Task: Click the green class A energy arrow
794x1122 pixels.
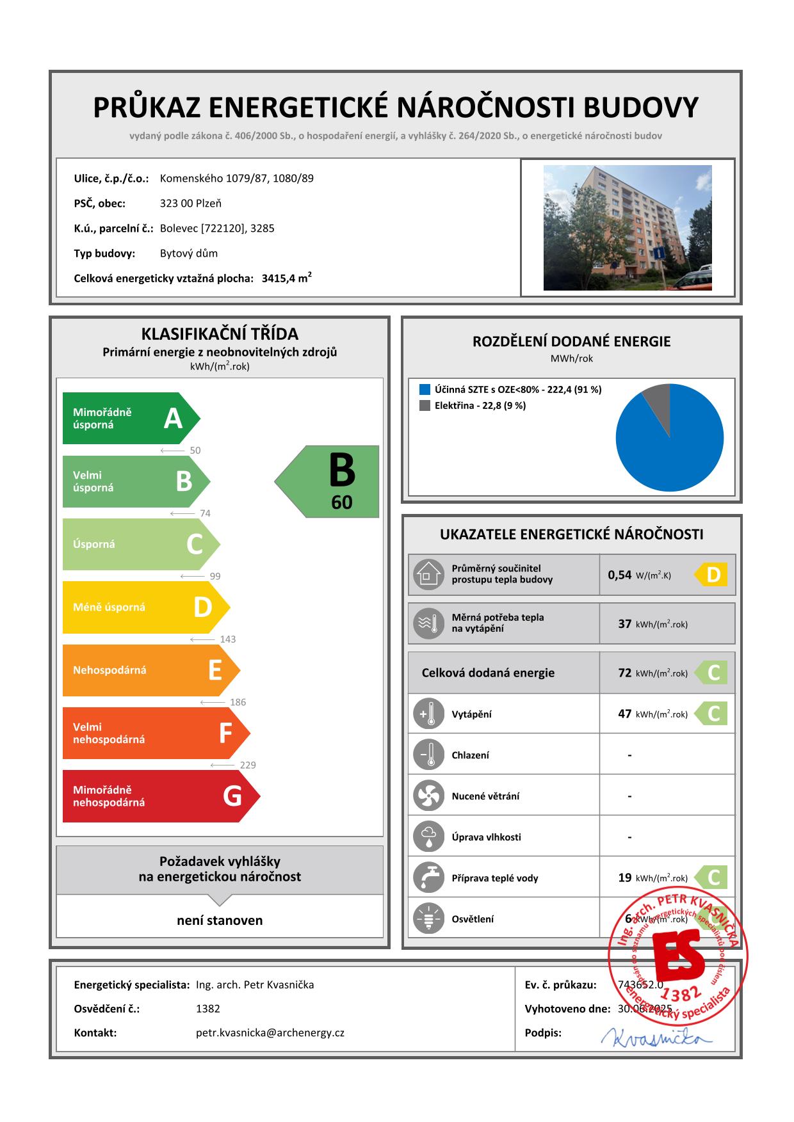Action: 128,419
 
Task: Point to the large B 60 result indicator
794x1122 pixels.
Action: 333,481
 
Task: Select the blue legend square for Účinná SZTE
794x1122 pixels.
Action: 425,389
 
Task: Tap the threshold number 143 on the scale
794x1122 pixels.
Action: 227,639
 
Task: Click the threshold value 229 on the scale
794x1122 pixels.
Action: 247,765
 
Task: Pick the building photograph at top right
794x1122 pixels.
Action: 627,228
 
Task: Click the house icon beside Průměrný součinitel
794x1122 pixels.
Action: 428,574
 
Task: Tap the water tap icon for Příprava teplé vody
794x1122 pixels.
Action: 428,878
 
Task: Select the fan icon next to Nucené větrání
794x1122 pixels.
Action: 428,796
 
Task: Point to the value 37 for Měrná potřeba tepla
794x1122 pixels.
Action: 624,623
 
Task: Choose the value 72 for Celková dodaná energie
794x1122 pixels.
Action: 624,673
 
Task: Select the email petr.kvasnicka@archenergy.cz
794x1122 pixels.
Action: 270,1032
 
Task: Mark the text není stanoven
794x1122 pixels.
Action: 220,920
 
